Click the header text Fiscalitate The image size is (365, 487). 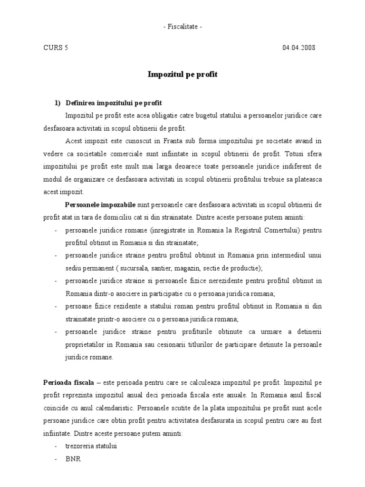tap(182, 27)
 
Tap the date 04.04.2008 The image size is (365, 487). tap(298, 48)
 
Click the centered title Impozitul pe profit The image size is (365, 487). tap(182, 75)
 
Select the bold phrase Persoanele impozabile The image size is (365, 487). tap(100, 205)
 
